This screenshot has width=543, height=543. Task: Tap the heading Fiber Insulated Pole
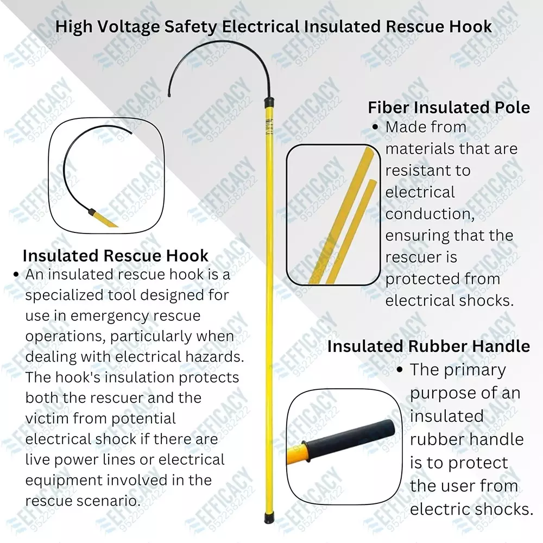point(449,107)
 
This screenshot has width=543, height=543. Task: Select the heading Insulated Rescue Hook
point(116,255)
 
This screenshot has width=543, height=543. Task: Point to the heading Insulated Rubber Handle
point(428,346)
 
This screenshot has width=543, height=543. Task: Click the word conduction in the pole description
point(430,214)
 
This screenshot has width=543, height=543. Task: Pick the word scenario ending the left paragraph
point(102,500)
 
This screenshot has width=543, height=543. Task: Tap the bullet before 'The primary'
point(400,370)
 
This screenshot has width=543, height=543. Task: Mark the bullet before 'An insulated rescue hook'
point(16,275)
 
